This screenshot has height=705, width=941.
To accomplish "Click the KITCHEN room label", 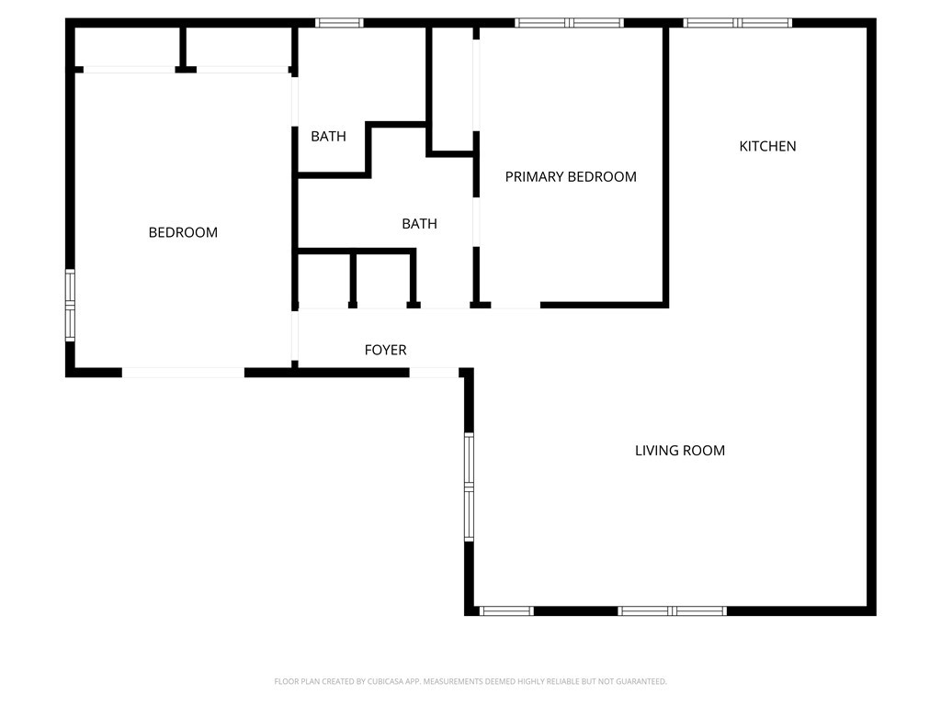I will click(767, 146).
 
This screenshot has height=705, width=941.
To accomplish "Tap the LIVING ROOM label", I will click(680, 451).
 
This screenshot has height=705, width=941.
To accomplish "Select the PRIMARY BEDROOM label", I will click(571, 177).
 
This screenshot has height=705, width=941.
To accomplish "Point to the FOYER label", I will click(385, 350).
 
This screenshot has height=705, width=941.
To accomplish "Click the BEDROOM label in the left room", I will click(183, 233).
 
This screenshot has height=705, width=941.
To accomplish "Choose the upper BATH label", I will click(328, 137).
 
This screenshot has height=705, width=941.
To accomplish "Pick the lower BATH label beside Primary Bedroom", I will click(419, 224).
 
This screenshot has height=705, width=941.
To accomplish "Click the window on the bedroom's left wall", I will click(70, 305).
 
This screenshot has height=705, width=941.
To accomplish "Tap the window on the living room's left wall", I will click(469, 487).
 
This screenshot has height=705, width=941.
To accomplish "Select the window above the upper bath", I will click(339, 23).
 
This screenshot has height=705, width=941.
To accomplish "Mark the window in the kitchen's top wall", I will click(738, 23).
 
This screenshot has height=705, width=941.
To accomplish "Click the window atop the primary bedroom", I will click(570, 23).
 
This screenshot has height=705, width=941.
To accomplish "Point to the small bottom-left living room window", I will click(506, 610).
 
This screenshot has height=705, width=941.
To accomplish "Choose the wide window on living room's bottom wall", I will click(673, 610).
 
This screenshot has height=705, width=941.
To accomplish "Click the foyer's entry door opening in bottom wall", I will click(433, 372).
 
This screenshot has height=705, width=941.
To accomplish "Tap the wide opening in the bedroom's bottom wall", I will click(183, 372).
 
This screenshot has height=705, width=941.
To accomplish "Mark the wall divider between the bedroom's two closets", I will click(184, 48).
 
